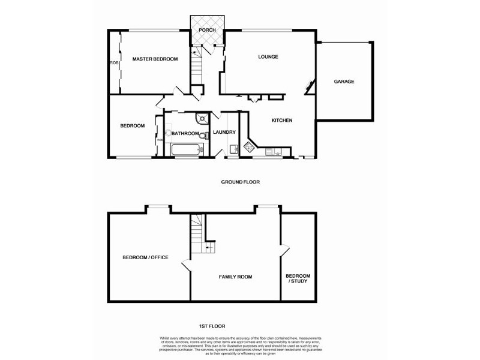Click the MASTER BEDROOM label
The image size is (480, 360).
point(155,59)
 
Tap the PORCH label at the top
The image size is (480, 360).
point(207,30)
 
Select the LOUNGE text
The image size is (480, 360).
point(268,57)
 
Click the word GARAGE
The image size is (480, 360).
point(344,82)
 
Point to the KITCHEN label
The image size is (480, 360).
point(282,121)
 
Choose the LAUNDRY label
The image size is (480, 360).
point(224,133)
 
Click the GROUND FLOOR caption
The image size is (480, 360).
point(240,182)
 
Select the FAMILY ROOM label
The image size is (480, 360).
point(235,277)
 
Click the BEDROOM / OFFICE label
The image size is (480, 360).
point(145,257)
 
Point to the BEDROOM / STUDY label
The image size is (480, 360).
point(298,278)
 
